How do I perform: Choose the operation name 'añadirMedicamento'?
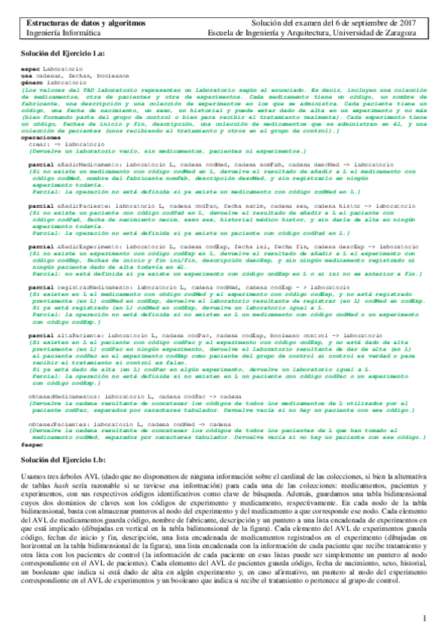point(78,162)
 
